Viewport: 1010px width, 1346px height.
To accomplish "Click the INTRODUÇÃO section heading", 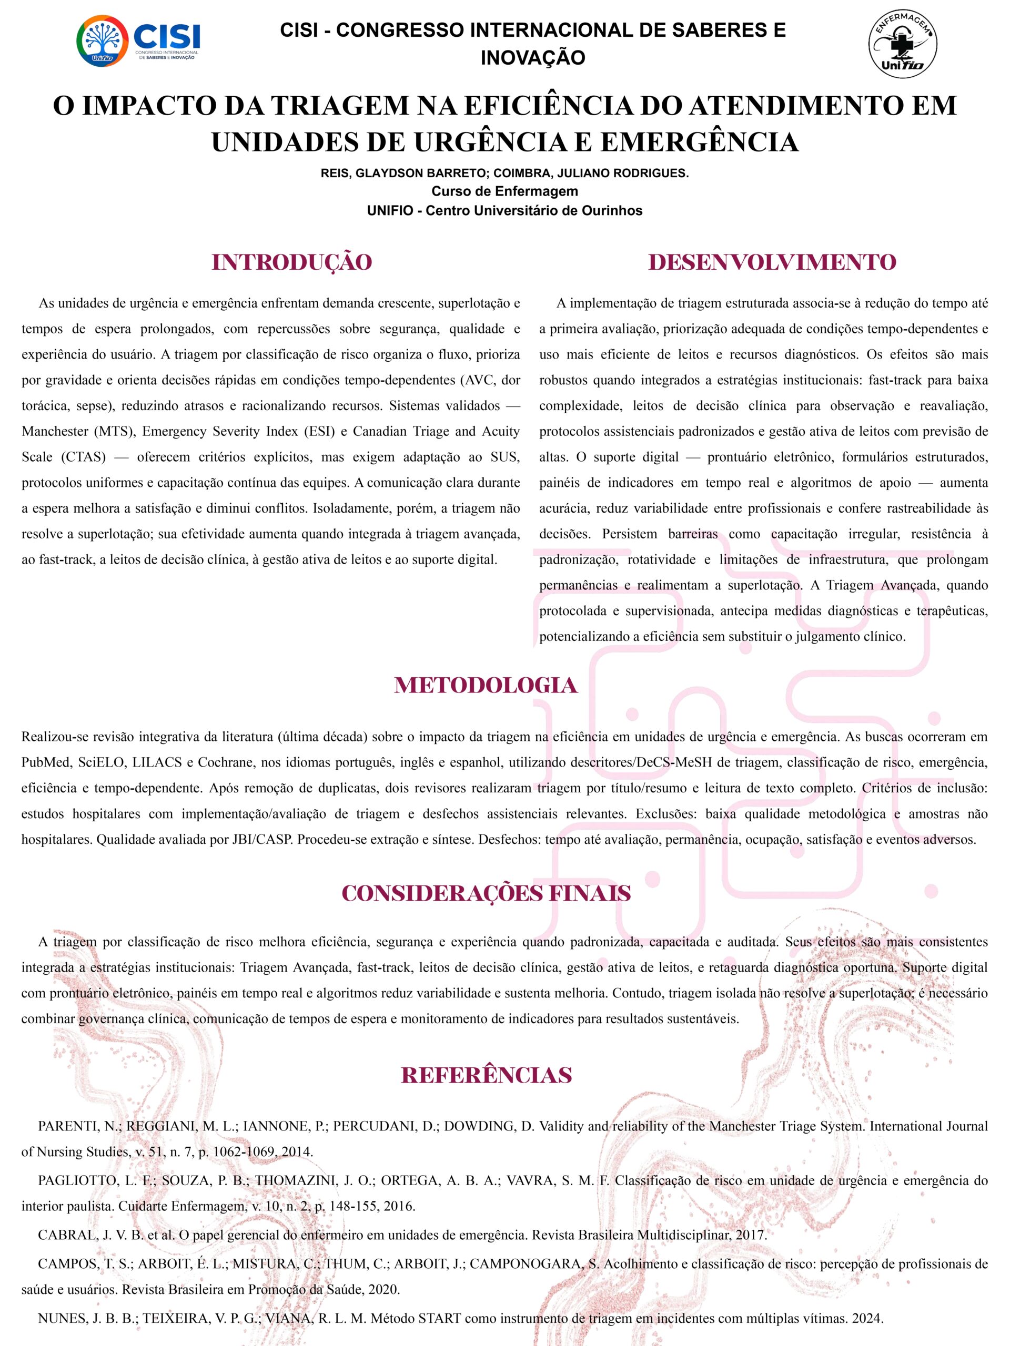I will [x=291, y=262].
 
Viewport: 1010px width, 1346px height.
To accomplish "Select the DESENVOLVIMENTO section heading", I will [x=772, y=262].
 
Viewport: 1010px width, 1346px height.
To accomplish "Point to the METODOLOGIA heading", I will [x=485, y=686].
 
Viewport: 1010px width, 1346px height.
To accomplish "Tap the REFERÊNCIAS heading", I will [x=486, y=1075].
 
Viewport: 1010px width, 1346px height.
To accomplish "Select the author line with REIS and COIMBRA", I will [x=504, y=174].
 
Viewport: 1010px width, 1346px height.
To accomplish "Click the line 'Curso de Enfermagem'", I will [x=504, y=192].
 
